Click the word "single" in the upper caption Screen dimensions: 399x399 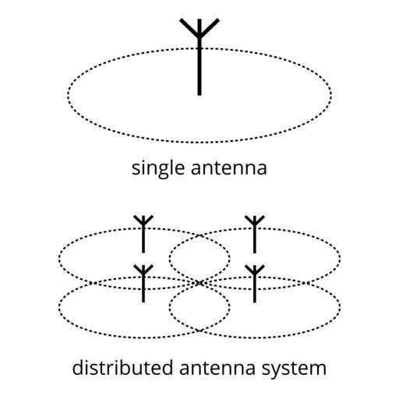158,169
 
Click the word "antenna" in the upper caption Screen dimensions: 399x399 229,168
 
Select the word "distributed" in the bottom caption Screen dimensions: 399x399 122,367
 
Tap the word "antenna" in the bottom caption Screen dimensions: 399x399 217,368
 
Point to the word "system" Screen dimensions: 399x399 294,369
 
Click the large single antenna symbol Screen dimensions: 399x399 199,57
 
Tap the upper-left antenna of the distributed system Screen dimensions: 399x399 143,234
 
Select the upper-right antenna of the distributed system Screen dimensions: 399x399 255,234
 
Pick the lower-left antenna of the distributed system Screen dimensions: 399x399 143,284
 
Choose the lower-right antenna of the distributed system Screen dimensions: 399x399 255,284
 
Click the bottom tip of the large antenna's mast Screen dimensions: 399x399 199,95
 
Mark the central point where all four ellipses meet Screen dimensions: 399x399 199,283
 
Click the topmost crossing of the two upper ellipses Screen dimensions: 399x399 199,236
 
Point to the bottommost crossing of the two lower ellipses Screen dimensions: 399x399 199,330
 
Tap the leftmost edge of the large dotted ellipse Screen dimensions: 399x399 68,95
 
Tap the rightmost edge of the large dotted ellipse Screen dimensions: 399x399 331,95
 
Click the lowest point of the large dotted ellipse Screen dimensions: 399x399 199,143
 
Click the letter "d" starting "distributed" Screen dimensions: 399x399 78,367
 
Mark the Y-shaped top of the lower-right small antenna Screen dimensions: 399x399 255,270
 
